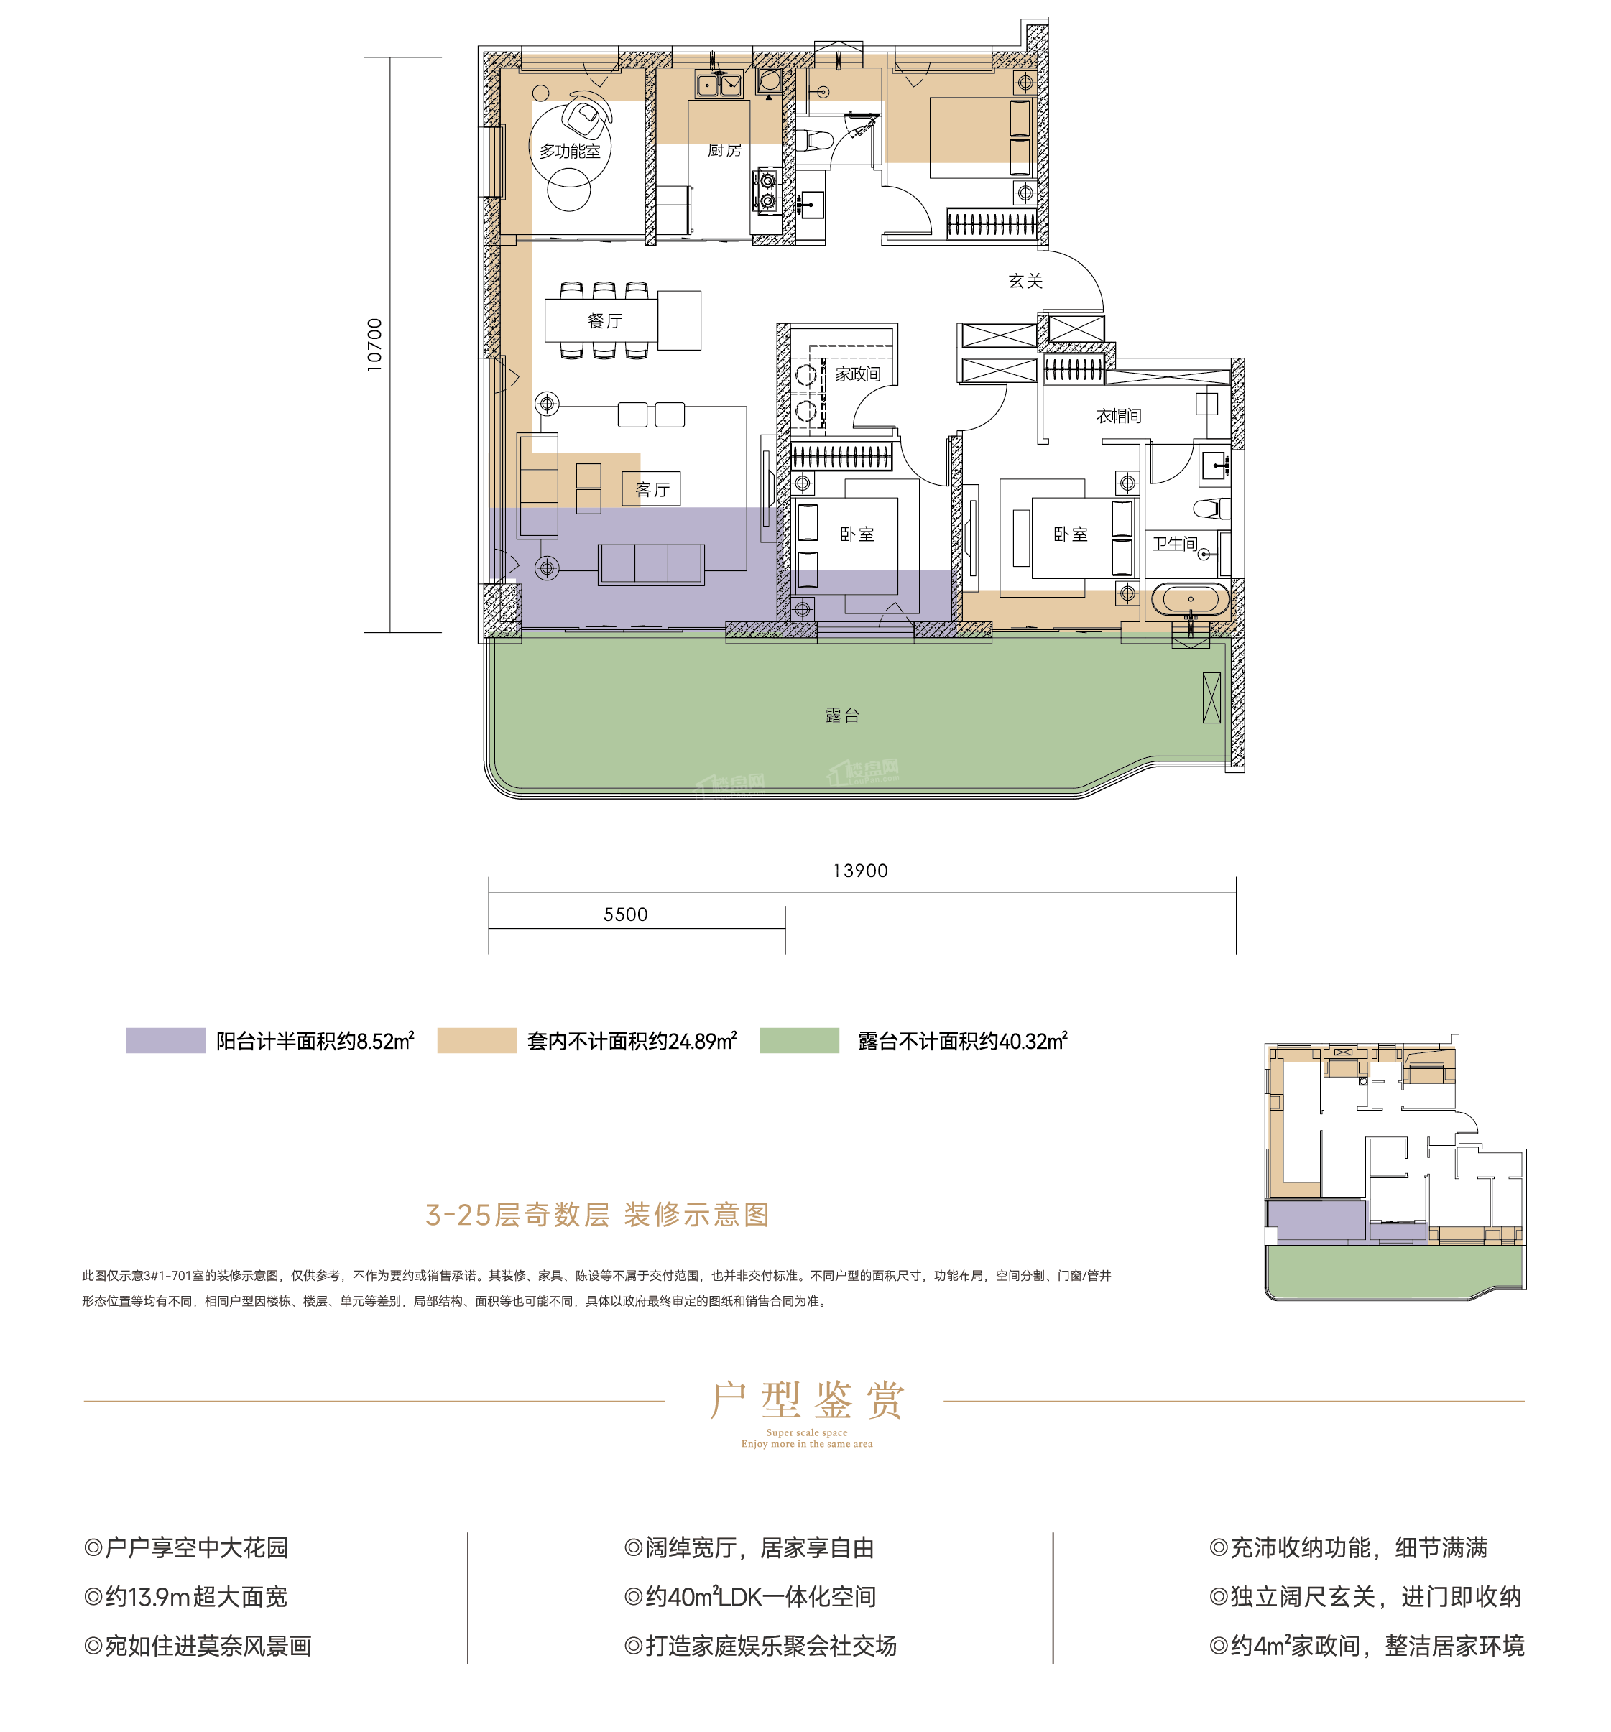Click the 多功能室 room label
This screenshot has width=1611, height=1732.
pyautogui.click(x=569, y=151)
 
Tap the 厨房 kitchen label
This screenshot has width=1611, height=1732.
pyautogui.click(x=724, y=150)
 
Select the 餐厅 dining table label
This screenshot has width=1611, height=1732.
pyautogui.click(x=605, y=320)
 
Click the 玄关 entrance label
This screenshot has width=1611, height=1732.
pyautogui.click(x=1025, y=281)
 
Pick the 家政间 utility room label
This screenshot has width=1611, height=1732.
pyautogui.click(x=857, y=374)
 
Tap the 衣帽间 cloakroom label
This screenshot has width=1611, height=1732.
pyautogui.click(x=1118, y=415)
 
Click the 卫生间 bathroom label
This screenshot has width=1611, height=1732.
pyautogui.click(x=1175, y=544)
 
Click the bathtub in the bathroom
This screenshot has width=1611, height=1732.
pyautogui.click(x=1189, y=599)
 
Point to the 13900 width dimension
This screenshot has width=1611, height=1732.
pyautogui.click(x=860, y=871)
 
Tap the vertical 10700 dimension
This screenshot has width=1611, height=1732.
pyautogui.click(x=374, y=345)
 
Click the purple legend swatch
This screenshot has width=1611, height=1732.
pyautogui.click(x=165, y=1040)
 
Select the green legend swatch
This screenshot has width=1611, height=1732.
pyautogui.click(x=798, y=1040)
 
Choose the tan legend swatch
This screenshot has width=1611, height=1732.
pyautogui.click(x=476, y=1040)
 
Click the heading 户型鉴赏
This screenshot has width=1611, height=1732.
pyautogui.click(x=806, y=1400)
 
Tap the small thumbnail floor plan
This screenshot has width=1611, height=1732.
pyautogui.click(x=1395, y=1167)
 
